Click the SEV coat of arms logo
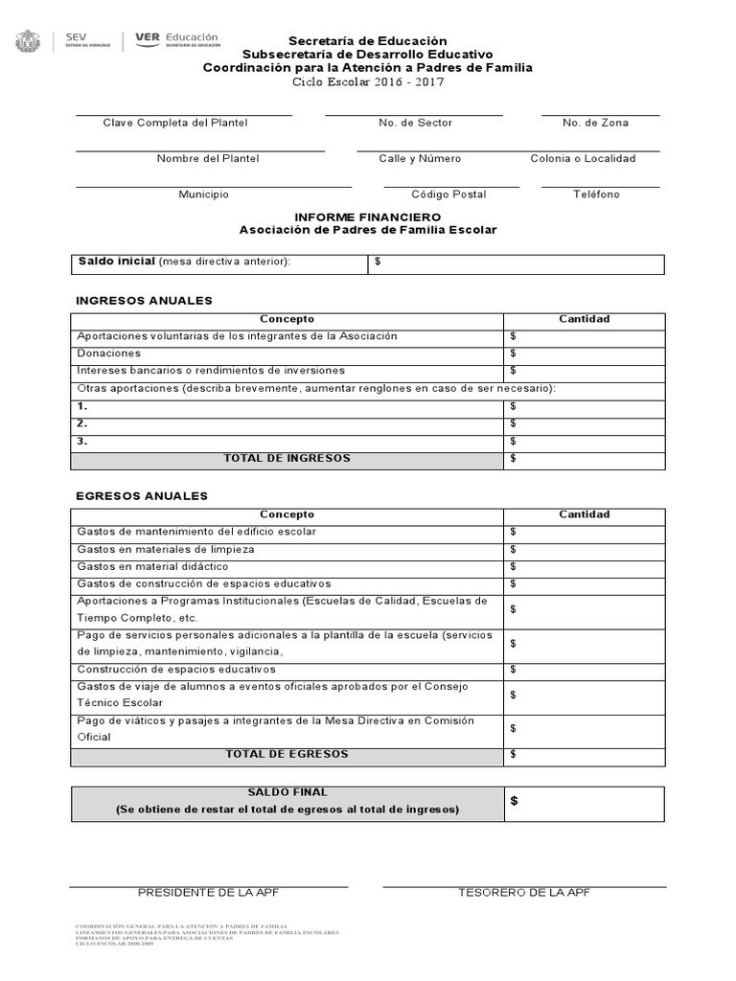pyautogui.click(x=27, y=42)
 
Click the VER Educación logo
pyautogui.click(x=177, y=39)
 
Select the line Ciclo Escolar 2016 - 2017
pyautogui.click(x=368, y=82)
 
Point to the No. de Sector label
pyautogui.click(x=415, y=123)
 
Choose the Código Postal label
pyautogui.click(x=448, y=194)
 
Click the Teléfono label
pyautogui.click(x=596, y=194)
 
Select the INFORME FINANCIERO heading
pyautogui.click(x=368, y=217)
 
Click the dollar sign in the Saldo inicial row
pyautogui.click(x=379, y=262)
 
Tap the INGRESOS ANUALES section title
pyautogui.click(x=144, y=301)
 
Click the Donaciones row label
pyautogui.click(x=108, y=354)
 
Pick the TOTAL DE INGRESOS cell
pyautogui.click(x=287, y=458)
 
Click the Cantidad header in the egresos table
pyautogui.click(x=584, y=514)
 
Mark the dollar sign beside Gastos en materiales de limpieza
pyautogui.click(x=514, y=549)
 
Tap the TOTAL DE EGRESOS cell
pyautogui.click(x=287, y=754)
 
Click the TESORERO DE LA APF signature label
pyautogui.click(x=523, y=893)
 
